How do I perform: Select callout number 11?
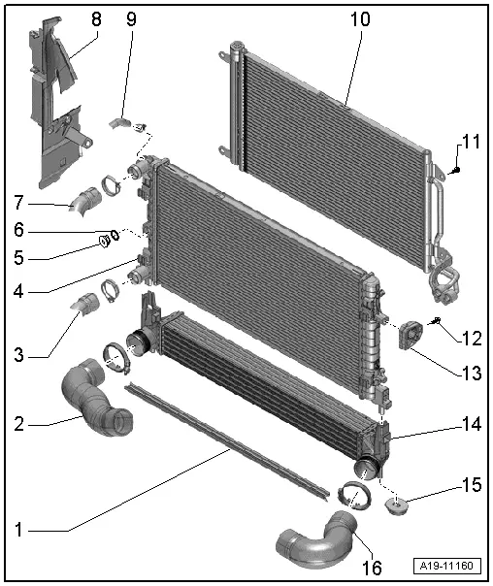(x=470, y=142)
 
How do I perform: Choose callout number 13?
(x=470, y=371)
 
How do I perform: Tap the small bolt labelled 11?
(x=456, y=170)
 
